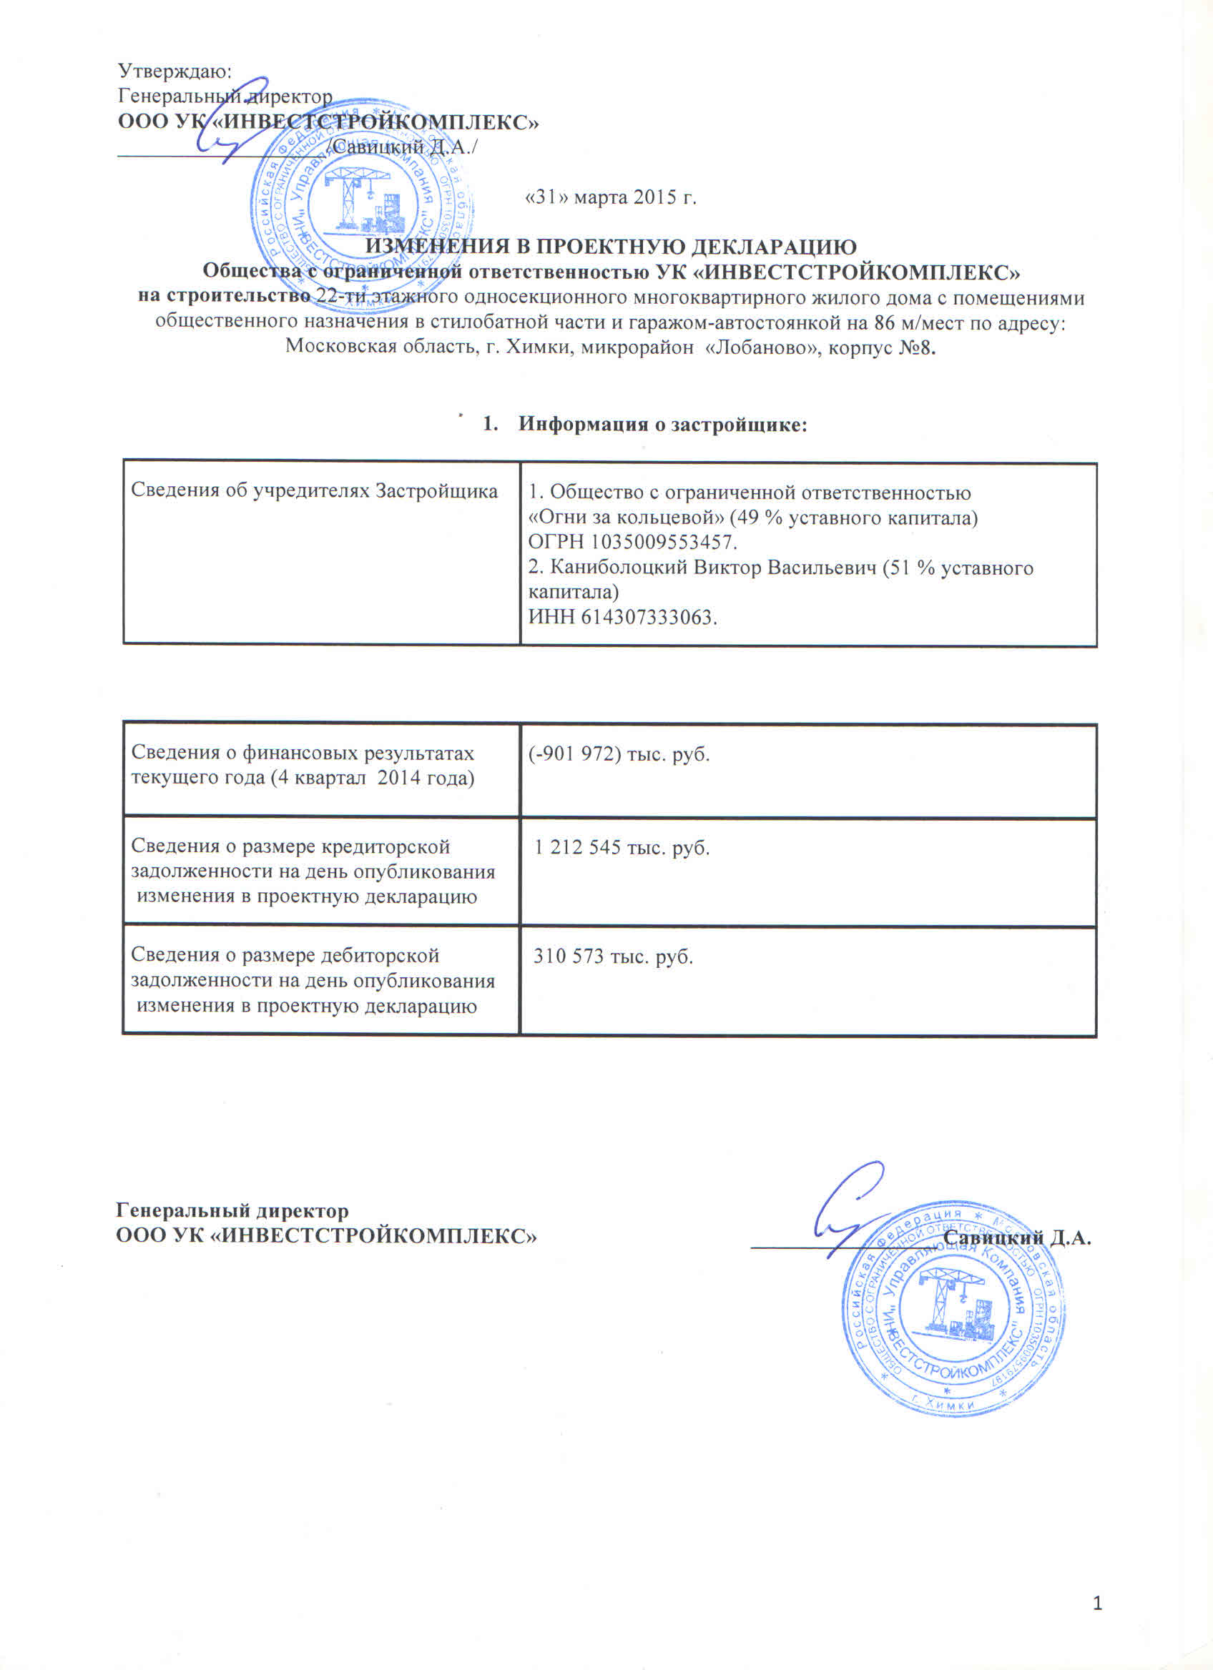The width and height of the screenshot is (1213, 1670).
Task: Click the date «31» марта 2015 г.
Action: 610,197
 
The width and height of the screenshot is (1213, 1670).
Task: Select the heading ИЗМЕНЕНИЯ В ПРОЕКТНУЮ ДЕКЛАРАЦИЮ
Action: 611,246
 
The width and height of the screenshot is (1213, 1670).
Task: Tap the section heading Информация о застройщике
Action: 662,424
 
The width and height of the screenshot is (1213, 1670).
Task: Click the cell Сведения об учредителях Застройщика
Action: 314,491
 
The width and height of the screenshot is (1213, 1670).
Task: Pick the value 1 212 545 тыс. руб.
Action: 622,848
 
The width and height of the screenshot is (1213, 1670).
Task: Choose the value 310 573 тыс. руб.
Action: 613,957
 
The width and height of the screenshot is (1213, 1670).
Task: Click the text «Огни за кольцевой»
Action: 626,518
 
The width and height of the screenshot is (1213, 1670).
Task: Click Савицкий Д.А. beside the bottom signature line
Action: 1016,1237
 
